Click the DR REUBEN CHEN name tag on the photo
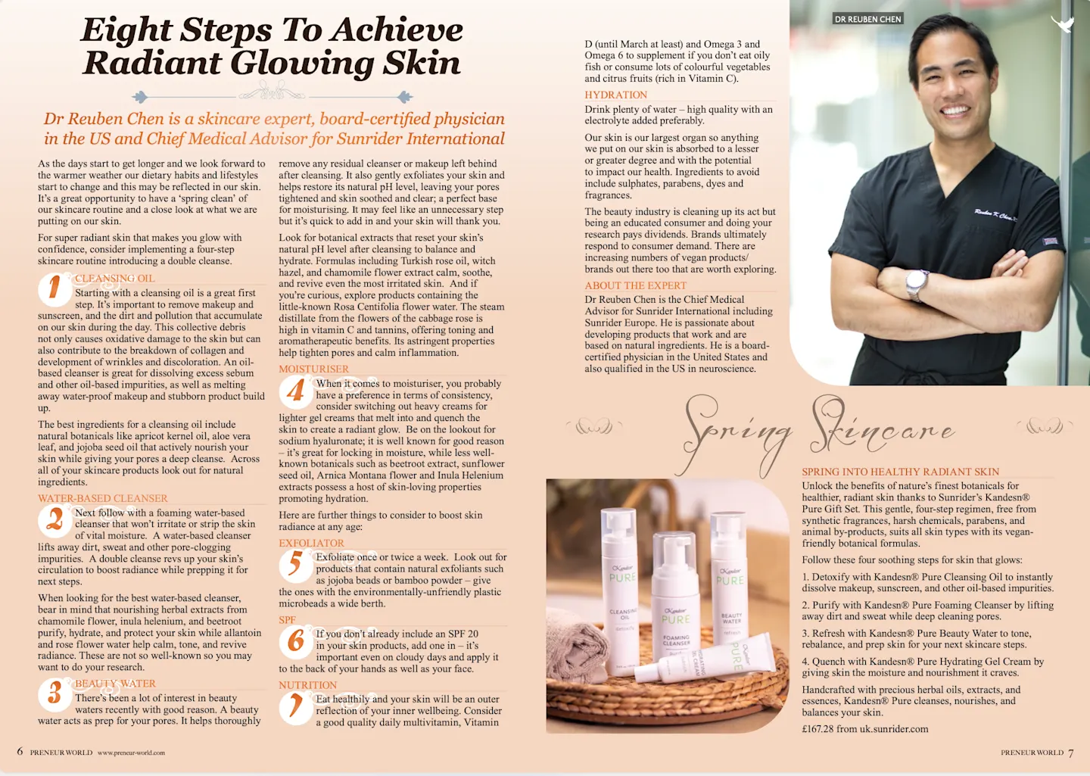(867, 19)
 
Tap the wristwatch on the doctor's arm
(917, 283)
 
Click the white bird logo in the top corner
(1063, 24)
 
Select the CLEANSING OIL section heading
(114, 279)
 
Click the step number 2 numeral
(54, 519)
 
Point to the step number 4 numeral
(295, 391)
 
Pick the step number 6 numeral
(295, 641)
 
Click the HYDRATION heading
(615, 95)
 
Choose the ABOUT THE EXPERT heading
(635, 285)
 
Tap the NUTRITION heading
(307, 685)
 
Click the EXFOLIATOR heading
(311, 543)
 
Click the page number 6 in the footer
(20, 752)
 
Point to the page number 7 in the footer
(1071, 753)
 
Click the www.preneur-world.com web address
(131, 753)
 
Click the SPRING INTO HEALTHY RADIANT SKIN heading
(900, 472)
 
